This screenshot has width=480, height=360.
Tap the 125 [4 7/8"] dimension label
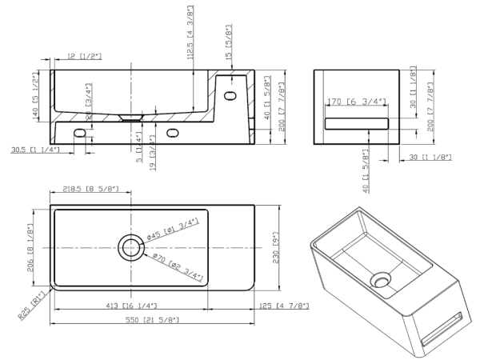point(278,306)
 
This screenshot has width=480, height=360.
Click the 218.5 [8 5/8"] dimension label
point(90,189)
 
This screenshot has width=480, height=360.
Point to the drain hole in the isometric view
point(382,280)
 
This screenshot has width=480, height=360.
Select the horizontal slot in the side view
point(356,122)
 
